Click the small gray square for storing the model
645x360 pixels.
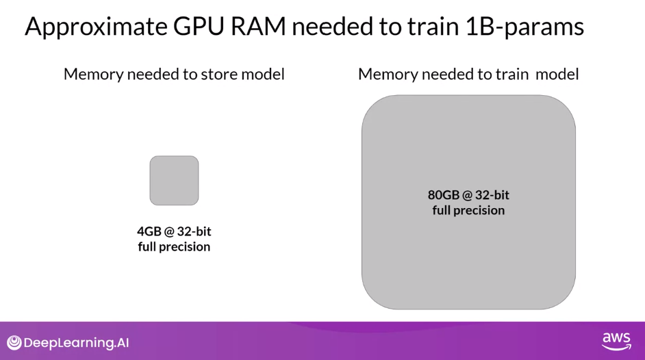tap(174, 181)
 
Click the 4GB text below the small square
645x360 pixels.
tap(149, 231)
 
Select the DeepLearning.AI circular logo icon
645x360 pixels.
tap(14, 343)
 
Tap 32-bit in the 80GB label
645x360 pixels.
tap(492, 195)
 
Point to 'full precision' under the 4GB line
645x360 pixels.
tap(174, 246)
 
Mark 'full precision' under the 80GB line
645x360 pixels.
tap(468, 210)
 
